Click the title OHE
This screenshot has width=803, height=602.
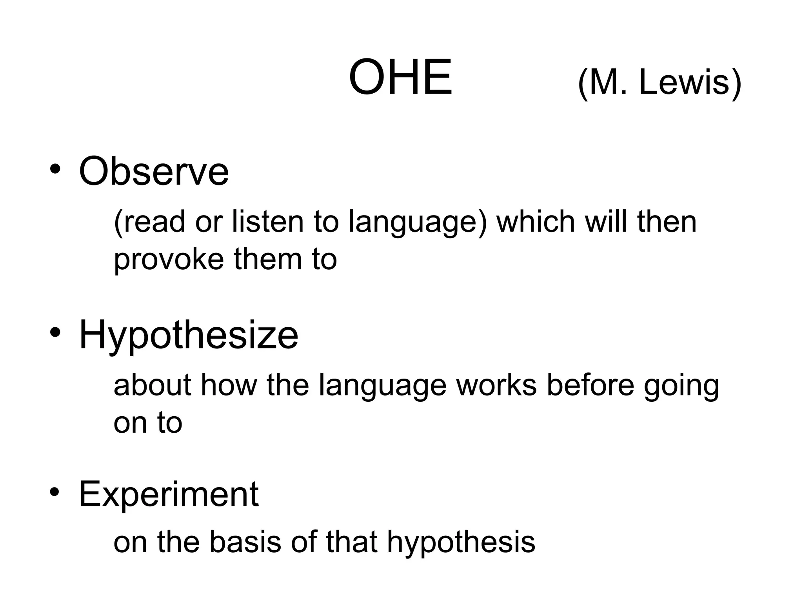(400, 77)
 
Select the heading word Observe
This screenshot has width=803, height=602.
(154, 171)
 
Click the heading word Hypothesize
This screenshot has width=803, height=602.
(189, 335)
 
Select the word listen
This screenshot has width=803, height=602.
(267, 221)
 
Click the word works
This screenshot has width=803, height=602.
(496, 385)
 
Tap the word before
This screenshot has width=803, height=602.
(590, 385)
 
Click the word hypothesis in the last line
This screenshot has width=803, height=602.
(461, 543)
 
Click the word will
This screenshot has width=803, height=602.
(606, 221)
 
